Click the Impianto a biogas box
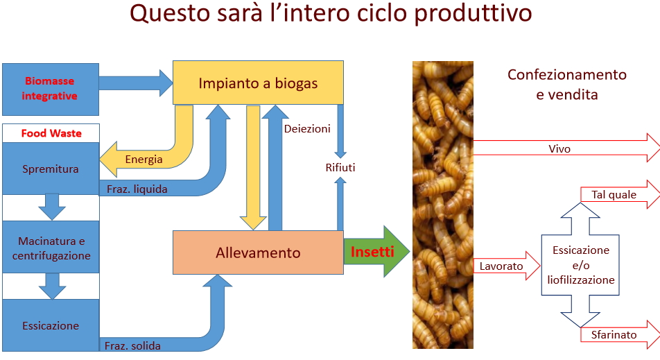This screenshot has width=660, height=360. click(x=258, y=83)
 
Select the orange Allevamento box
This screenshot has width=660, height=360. click(x=258, y=252)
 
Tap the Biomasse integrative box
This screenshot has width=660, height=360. click(x=51, y=89)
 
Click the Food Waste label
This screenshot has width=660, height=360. click(x=51, y=133)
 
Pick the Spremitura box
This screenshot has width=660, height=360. click(x=51, y=169)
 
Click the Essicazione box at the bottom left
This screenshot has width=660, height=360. click(x=51, y=325)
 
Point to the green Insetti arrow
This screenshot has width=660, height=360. click(x=376, y=251)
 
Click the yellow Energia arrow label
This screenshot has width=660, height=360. click(x=144, y=159)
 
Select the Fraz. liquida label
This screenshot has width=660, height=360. click(x=137, y=189)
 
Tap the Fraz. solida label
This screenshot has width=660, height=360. click(x=132, y=345)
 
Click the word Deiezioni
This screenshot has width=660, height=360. click(x=307, y=129)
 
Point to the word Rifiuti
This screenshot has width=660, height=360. click(x=340, y=168)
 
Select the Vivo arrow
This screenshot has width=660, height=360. click(x=566, y=148)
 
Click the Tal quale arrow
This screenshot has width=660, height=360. click(x=620, y=194)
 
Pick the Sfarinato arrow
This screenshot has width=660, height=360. click(x=620, y=334)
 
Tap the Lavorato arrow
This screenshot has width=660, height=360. click(x=507, y=266)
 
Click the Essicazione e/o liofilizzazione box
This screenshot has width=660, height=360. click(x=580, y=265)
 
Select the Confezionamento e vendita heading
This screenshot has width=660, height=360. click(x=567, y=84)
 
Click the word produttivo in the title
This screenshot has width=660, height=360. click(x=473, y=13)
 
